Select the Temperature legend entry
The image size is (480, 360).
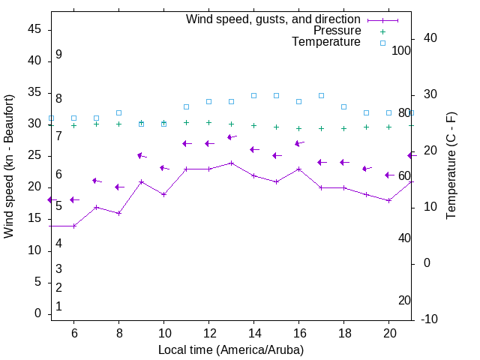click(326, 43)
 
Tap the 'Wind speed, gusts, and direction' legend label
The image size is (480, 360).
click(273, 19)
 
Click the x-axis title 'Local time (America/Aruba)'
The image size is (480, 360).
click(231, 350)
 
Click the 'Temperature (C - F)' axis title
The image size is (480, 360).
click(451, 166)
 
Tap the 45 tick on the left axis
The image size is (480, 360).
click(34, 29)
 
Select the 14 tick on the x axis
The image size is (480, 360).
click(253, 334)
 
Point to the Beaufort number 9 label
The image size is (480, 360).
click(58, 55)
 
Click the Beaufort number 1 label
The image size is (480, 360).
click(58, 307)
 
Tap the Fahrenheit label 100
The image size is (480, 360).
click(401, 50)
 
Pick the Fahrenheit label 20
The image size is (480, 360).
click(404, 301)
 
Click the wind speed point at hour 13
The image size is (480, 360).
click(231, 163)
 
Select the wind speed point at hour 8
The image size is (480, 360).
click(118, 213)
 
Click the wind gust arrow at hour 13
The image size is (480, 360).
click(231, 137)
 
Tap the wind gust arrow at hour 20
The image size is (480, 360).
click(388, 175)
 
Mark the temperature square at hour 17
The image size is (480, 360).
click(321, 96)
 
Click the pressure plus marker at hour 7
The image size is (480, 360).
click(96, 124)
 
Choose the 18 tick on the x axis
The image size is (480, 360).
click(343, 334)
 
